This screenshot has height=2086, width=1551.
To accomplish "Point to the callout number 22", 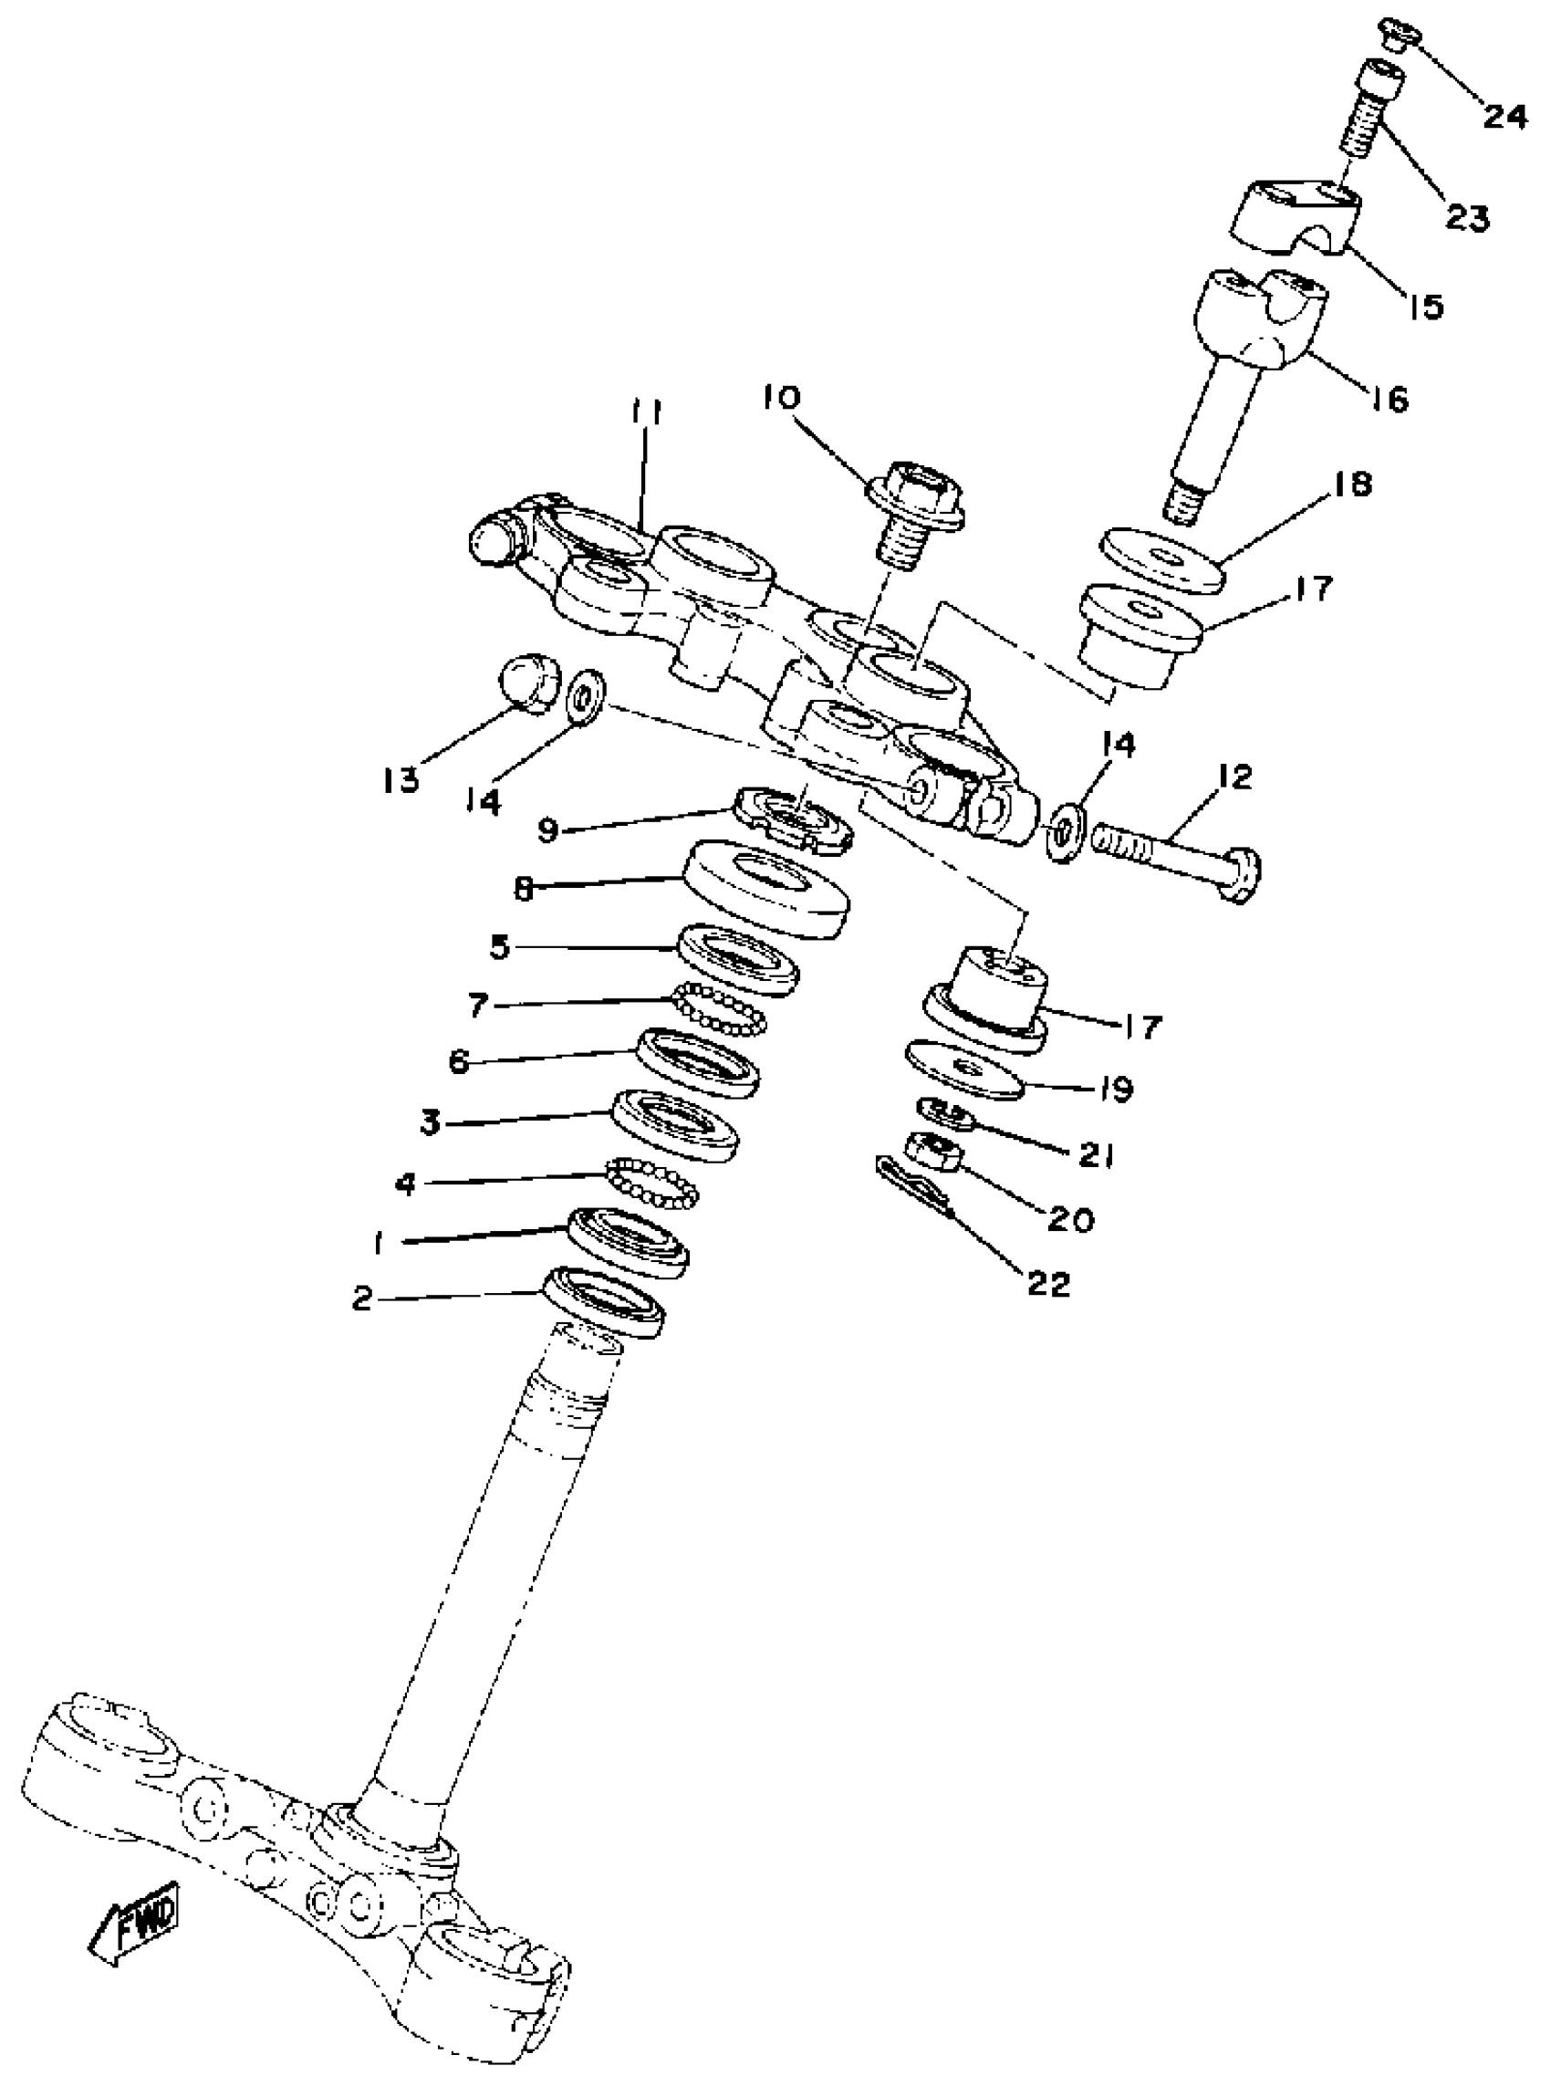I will [x=1047, y=1282].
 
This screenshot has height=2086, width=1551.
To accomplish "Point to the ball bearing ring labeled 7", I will [x=719, y=1008].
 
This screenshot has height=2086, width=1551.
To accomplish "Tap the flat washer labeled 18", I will [x=1162, y=561].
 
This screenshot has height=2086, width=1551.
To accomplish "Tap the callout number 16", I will [x=1390, y=400].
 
